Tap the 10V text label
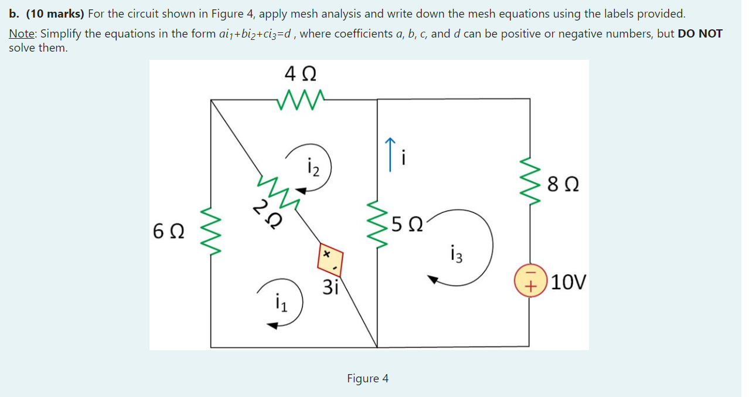tap(568, 283)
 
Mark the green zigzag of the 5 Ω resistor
tap(377, 224)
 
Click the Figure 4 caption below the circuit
tap(367, 378)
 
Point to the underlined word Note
tap(21, 33)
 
